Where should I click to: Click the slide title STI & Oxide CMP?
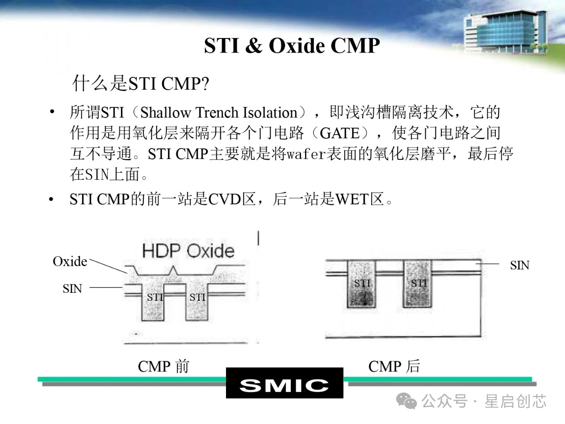click(292, 45)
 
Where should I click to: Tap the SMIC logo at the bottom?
click(284, 383)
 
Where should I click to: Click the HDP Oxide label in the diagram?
click(188, 251)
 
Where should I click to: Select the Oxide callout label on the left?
click(70, 261)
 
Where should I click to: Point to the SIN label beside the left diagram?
click(72, 288)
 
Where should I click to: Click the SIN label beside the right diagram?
click(520, 265)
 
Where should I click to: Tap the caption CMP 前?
click(164, 366)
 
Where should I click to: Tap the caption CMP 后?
click(394, 366)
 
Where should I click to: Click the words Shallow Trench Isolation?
click(219, 113)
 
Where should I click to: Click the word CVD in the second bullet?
click(225, 199)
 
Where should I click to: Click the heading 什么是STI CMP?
click(140, 83)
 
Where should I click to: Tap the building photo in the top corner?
click(505, 32)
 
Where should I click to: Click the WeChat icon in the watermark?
click(407, 401)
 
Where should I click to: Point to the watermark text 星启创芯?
click(515, 401)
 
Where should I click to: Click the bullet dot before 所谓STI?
click(52, 112)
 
